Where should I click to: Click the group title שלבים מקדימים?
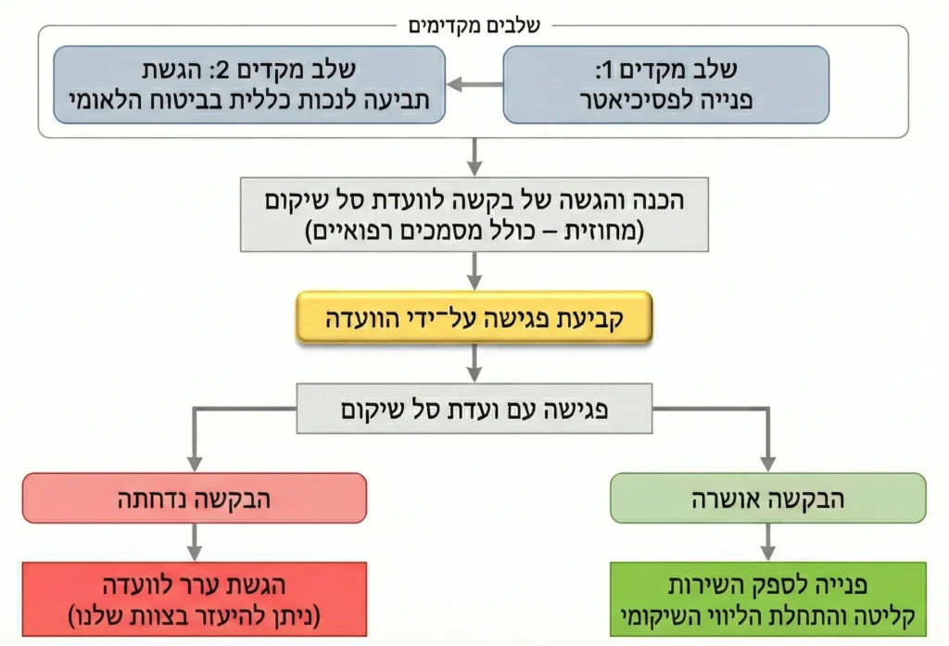474,26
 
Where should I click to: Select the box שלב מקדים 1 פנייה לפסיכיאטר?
665,84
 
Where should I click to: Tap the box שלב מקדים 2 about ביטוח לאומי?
249,84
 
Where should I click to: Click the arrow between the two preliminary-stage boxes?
474,84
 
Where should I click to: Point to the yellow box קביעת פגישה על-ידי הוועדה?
474,318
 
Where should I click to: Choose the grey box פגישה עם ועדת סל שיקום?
474,409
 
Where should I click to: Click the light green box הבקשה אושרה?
767,499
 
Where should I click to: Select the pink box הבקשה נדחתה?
195,499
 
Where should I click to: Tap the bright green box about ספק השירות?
767,599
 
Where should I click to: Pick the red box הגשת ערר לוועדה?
195,599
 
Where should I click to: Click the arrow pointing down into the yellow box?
474,272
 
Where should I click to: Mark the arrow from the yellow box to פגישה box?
474,363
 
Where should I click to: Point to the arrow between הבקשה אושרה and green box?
767,542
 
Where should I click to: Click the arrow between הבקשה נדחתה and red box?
195,542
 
